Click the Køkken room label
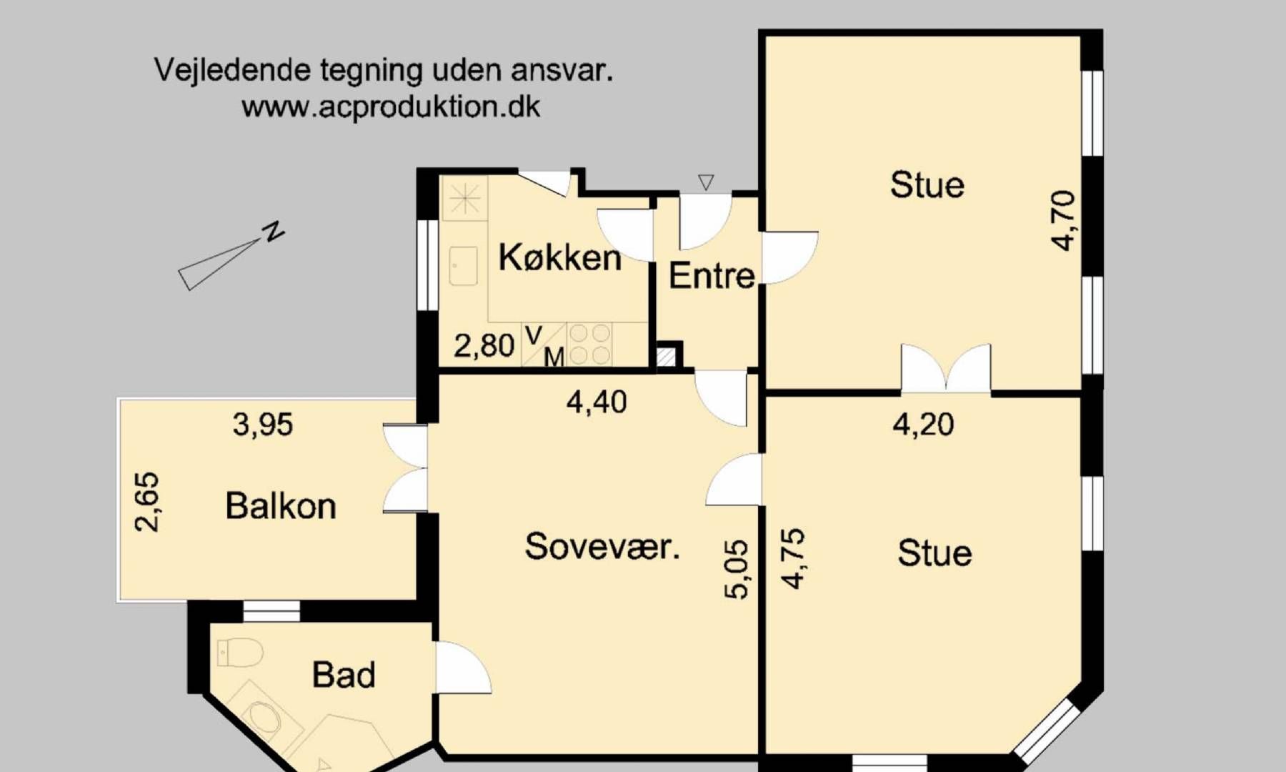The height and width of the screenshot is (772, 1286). pyautogui.click(x=559, y=257)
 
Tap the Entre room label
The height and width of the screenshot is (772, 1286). pyautogui.click(x=712, y=276)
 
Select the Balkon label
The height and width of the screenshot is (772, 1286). pyautogui.click(x=281, y=506)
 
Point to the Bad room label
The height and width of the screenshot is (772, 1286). pyautogui.click(x=344, y=675)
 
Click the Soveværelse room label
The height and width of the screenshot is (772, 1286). pyautogui.click(x=602, y=547)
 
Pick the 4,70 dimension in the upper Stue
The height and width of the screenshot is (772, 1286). pyautogui.click(x=1063, y=220)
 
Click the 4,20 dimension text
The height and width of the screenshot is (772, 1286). pyautogui.click(x=923, y=425)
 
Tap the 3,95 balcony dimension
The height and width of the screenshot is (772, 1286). pyautogui.click(x=263, y=425)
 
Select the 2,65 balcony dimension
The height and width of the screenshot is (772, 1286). pyautogui.click(x=147, y=502)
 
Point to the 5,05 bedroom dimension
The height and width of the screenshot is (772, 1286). pyautogui.click(x=737, y=569)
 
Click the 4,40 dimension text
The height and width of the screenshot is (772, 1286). pyautogui.click(x=597, y=402)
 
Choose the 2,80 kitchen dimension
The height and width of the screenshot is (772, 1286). pyautogui.click(x=484, y=346)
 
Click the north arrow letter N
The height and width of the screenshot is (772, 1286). pyautogui.click(x=273, y=232)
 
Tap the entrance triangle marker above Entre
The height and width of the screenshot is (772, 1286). pyautogui.click(x=706, y=182)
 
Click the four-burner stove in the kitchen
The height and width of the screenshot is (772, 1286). pyautogui.click(x=589, y=344)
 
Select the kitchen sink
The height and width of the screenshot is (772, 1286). pyautogui.click(x=464, y=266)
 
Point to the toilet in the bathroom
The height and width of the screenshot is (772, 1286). pyautogui.click(x=239, y=653)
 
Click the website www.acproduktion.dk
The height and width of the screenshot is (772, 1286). pyautogui.click(x=391, y=107)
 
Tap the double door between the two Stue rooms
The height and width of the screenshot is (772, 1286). pyautogui.click(x=946, y=369)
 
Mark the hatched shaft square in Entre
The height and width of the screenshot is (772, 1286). pyautogui.click(x=666, y=357)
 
